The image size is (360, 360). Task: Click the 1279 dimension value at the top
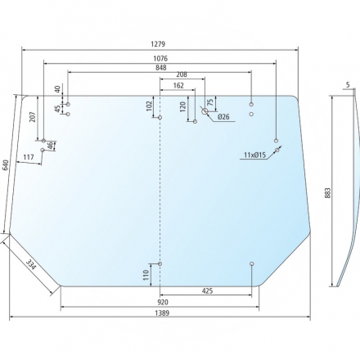tap(158, 44)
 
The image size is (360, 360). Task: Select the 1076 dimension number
tap(160, 58)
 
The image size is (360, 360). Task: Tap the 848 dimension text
tap(161, 67)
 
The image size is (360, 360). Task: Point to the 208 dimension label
tap(182, 74)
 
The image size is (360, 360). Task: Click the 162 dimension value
tap(178, 86)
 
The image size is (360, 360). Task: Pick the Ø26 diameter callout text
tap(223, 117)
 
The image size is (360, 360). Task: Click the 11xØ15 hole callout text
tap(254, 155)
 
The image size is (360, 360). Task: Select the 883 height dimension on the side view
tap(328, 193)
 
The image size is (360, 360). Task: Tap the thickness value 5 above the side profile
tap(348, 85)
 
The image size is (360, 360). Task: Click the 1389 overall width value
tap(162, 313)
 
